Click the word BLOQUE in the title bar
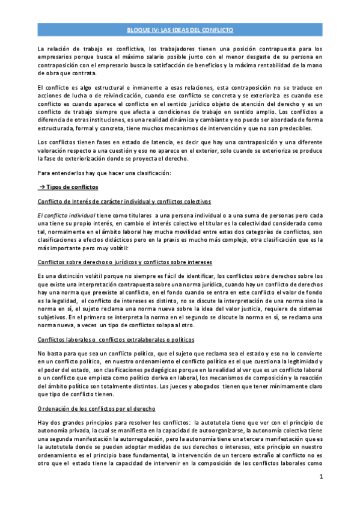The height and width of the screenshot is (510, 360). click(138, 29)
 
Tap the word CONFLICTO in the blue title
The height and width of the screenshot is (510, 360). click(218, 29)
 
